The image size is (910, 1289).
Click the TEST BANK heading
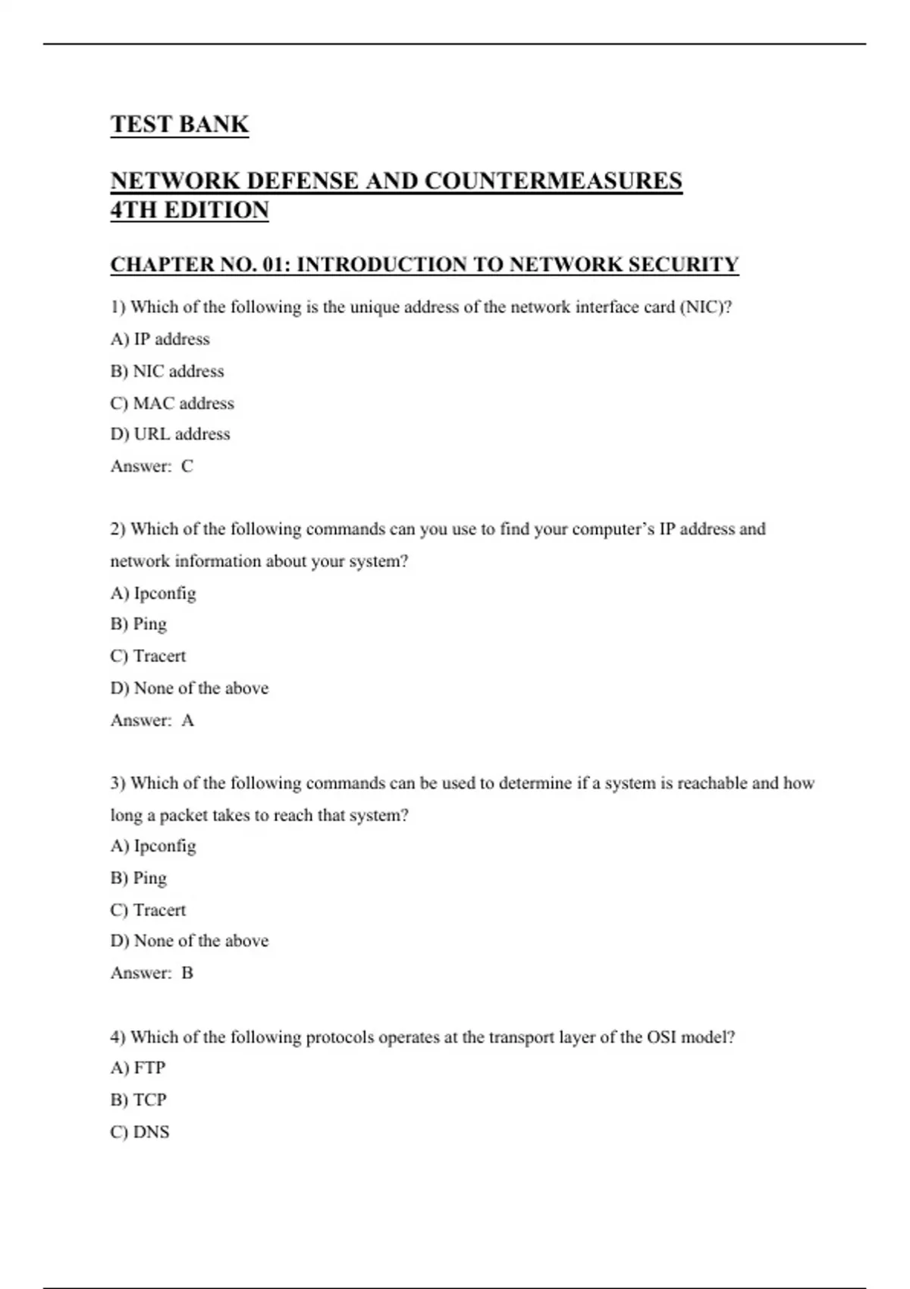(x=179, y=124)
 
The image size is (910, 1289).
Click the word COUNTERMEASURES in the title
(x=553, y=181)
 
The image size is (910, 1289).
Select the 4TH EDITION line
(x=190, y=210)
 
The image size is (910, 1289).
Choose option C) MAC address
(x=172, y=403)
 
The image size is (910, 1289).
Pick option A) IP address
(x=160, y=339)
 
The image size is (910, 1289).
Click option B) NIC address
(x=167, y=372)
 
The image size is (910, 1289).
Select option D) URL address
(x=170, y=434)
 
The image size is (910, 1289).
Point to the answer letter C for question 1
(x=187, y=466)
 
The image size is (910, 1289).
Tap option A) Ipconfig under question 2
(x=153, y=593)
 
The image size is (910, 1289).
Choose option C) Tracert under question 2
(x=148, y=656)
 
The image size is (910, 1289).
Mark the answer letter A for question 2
(x=188, y=720)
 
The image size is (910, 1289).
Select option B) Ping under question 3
(x=138, y=878)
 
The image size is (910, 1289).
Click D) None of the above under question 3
(x=190, y=941)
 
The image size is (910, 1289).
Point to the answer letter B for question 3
(x=187, y=973)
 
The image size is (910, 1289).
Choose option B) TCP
(x=138, y=1099)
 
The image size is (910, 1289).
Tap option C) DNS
(x=140, y=1132)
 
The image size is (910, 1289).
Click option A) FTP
(x=138, y=1068)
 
